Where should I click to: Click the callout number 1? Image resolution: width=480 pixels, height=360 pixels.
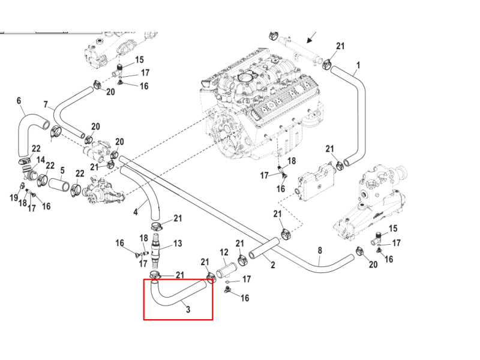click(358, 65)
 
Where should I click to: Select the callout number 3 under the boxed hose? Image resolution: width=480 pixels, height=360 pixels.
click(188, 309)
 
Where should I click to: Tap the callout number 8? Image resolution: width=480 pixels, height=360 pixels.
click(320, 250)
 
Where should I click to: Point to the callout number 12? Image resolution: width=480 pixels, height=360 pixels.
click(224, 252)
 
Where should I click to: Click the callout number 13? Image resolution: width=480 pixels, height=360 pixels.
click(178, 244)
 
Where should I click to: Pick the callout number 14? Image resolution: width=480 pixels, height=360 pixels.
click(41, 160)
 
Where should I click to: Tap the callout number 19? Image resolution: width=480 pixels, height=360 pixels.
click(14, 197)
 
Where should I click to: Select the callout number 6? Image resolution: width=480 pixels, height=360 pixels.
click(19, 100)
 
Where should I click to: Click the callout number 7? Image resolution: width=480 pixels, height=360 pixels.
click(46, 104)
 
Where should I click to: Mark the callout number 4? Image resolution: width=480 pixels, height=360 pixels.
click(136, 212)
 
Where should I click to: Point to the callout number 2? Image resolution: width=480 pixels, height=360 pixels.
click(273, 265)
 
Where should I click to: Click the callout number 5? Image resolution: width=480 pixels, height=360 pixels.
click(62, 170)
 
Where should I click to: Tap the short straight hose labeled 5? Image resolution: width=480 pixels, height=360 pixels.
click(59, 185)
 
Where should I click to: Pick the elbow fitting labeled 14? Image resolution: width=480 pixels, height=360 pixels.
click(29, 173)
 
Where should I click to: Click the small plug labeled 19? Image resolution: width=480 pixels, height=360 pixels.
click(22, 185)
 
